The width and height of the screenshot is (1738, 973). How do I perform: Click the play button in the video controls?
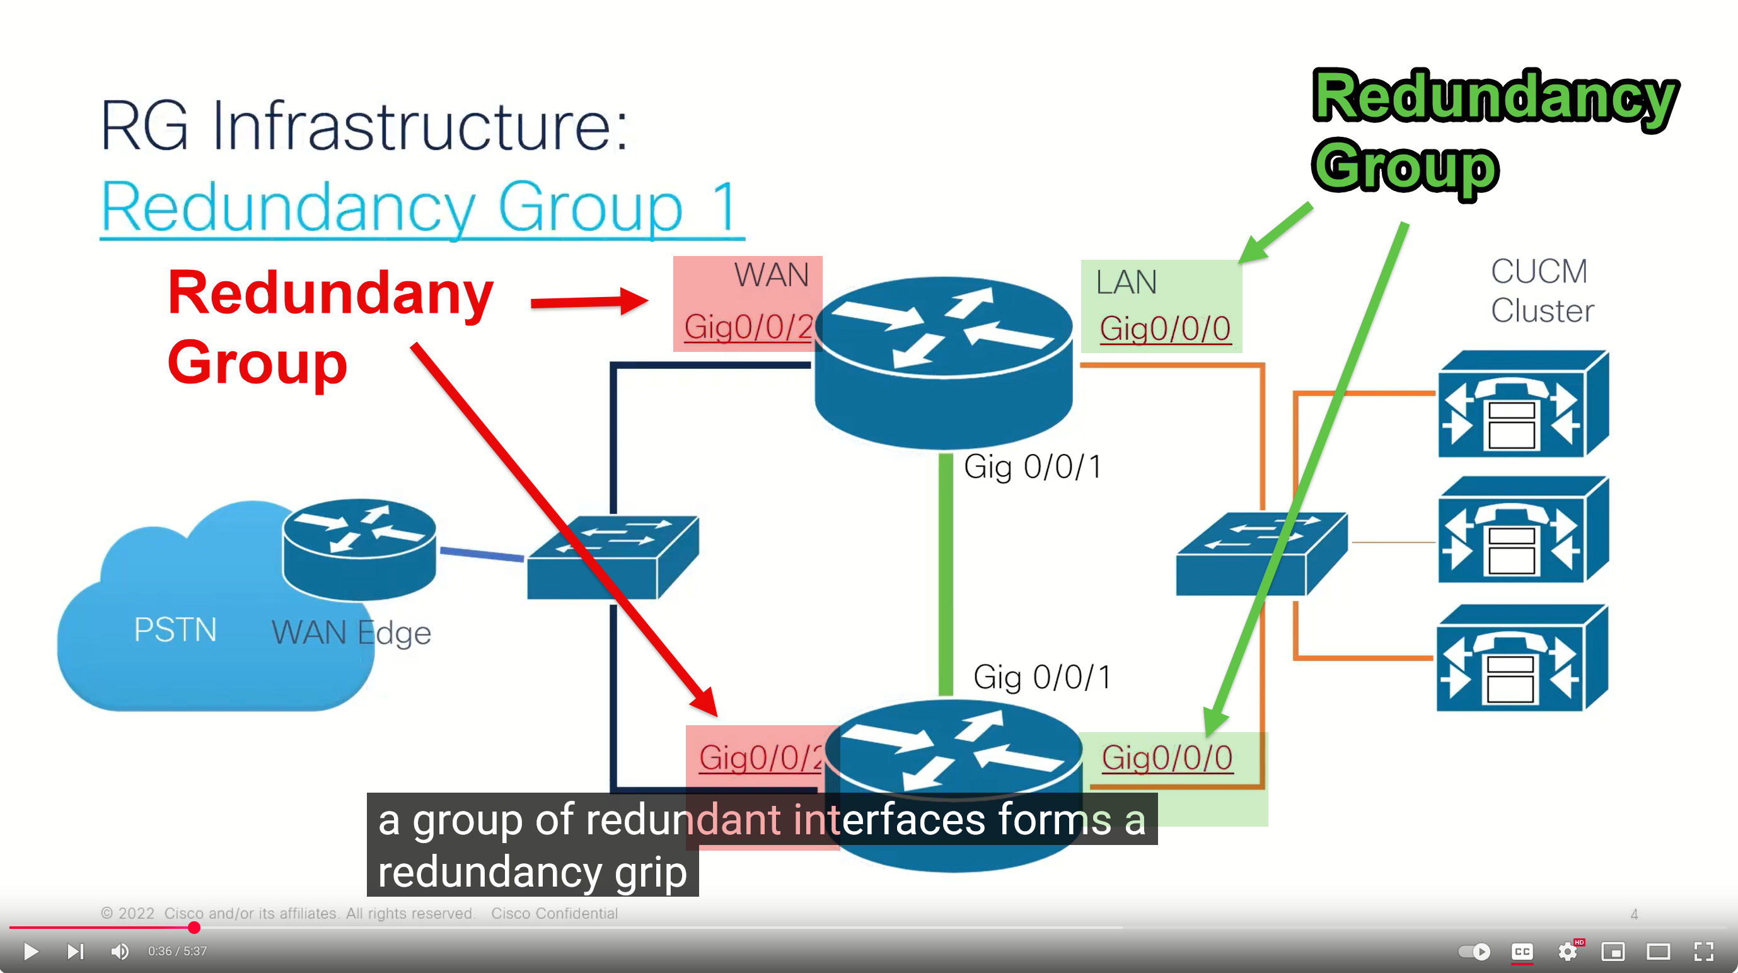point(30,952)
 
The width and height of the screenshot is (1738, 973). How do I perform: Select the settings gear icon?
point(1567,952)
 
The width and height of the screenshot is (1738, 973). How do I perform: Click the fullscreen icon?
point(1703,952)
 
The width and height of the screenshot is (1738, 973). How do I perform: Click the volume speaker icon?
point(119,952)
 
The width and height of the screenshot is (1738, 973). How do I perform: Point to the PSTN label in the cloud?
point(175,629)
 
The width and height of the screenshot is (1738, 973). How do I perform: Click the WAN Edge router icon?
point(359,548)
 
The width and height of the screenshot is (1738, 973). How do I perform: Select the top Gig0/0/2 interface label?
point(748,328)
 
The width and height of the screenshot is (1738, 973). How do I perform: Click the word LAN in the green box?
point(1126,282)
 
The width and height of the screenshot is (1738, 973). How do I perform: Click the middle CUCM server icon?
point(1523,530)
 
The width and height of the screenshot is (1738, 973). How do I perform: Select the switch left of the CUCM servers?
point(1260,553)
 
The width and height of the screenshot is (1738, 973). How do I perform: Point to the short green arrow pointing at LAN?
point(1275,233)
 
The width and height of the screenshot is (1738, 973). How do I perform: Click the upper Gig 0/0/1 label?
point(1033,467)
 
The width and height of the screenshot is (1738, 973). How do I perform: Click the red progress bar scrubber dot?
point(194,928)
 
